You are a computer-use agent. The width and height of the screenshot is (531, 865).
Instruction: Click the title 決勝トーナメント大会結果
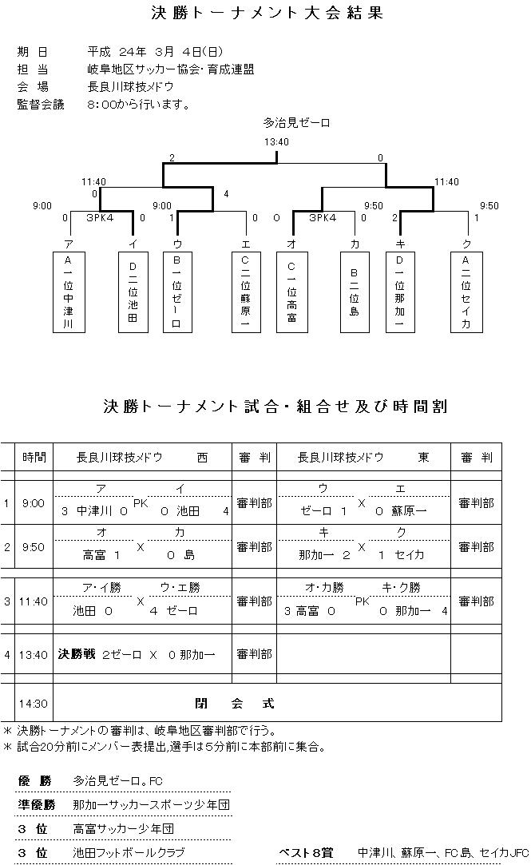coord(267,14)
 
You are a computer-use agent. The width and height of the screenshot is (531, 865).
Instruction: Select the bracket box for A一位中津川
coord(69,292)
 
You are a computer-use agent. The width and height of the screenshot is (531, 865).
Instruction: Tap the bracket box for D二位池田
coord(132,292)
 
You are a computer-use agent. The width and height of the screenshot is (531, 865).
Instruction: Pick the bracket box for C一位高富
coord(291,292)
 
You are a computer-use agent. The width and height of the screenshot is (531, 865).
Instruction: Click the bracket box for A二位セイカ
coord(466,292)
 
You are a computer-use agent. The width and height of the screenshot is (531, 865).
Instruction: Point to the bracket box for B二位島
coord(354,292)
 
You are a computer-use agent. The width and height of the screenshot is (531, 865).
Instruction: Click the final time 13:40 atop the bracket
coord(276,142)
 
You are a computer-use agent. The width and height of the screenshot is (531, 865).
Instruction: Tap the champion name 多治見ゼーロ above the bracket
coord(296,123)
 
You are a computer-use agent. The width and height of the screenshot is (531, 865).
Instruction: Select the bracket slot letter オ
coord(291,243)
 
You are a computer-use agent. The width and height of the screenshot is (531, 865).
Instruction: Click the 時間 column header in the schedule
coord(34,458)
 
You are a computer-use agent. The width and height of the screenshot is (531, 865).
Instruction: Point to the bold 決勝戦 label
coord(76,654)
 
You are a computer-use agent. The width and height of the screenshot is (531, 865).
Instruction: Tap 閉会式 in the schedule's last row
coord(235,704)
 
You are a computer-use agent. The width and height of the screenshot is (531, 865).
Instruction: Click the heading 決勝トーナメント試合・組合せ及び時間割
coord(275,407)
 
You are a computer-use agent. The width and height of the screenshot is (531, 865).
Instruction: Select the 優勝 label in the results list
coord(34,780)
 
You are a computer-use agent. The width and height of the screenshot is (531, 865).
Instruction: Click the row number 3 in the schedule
coord(7,601)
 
